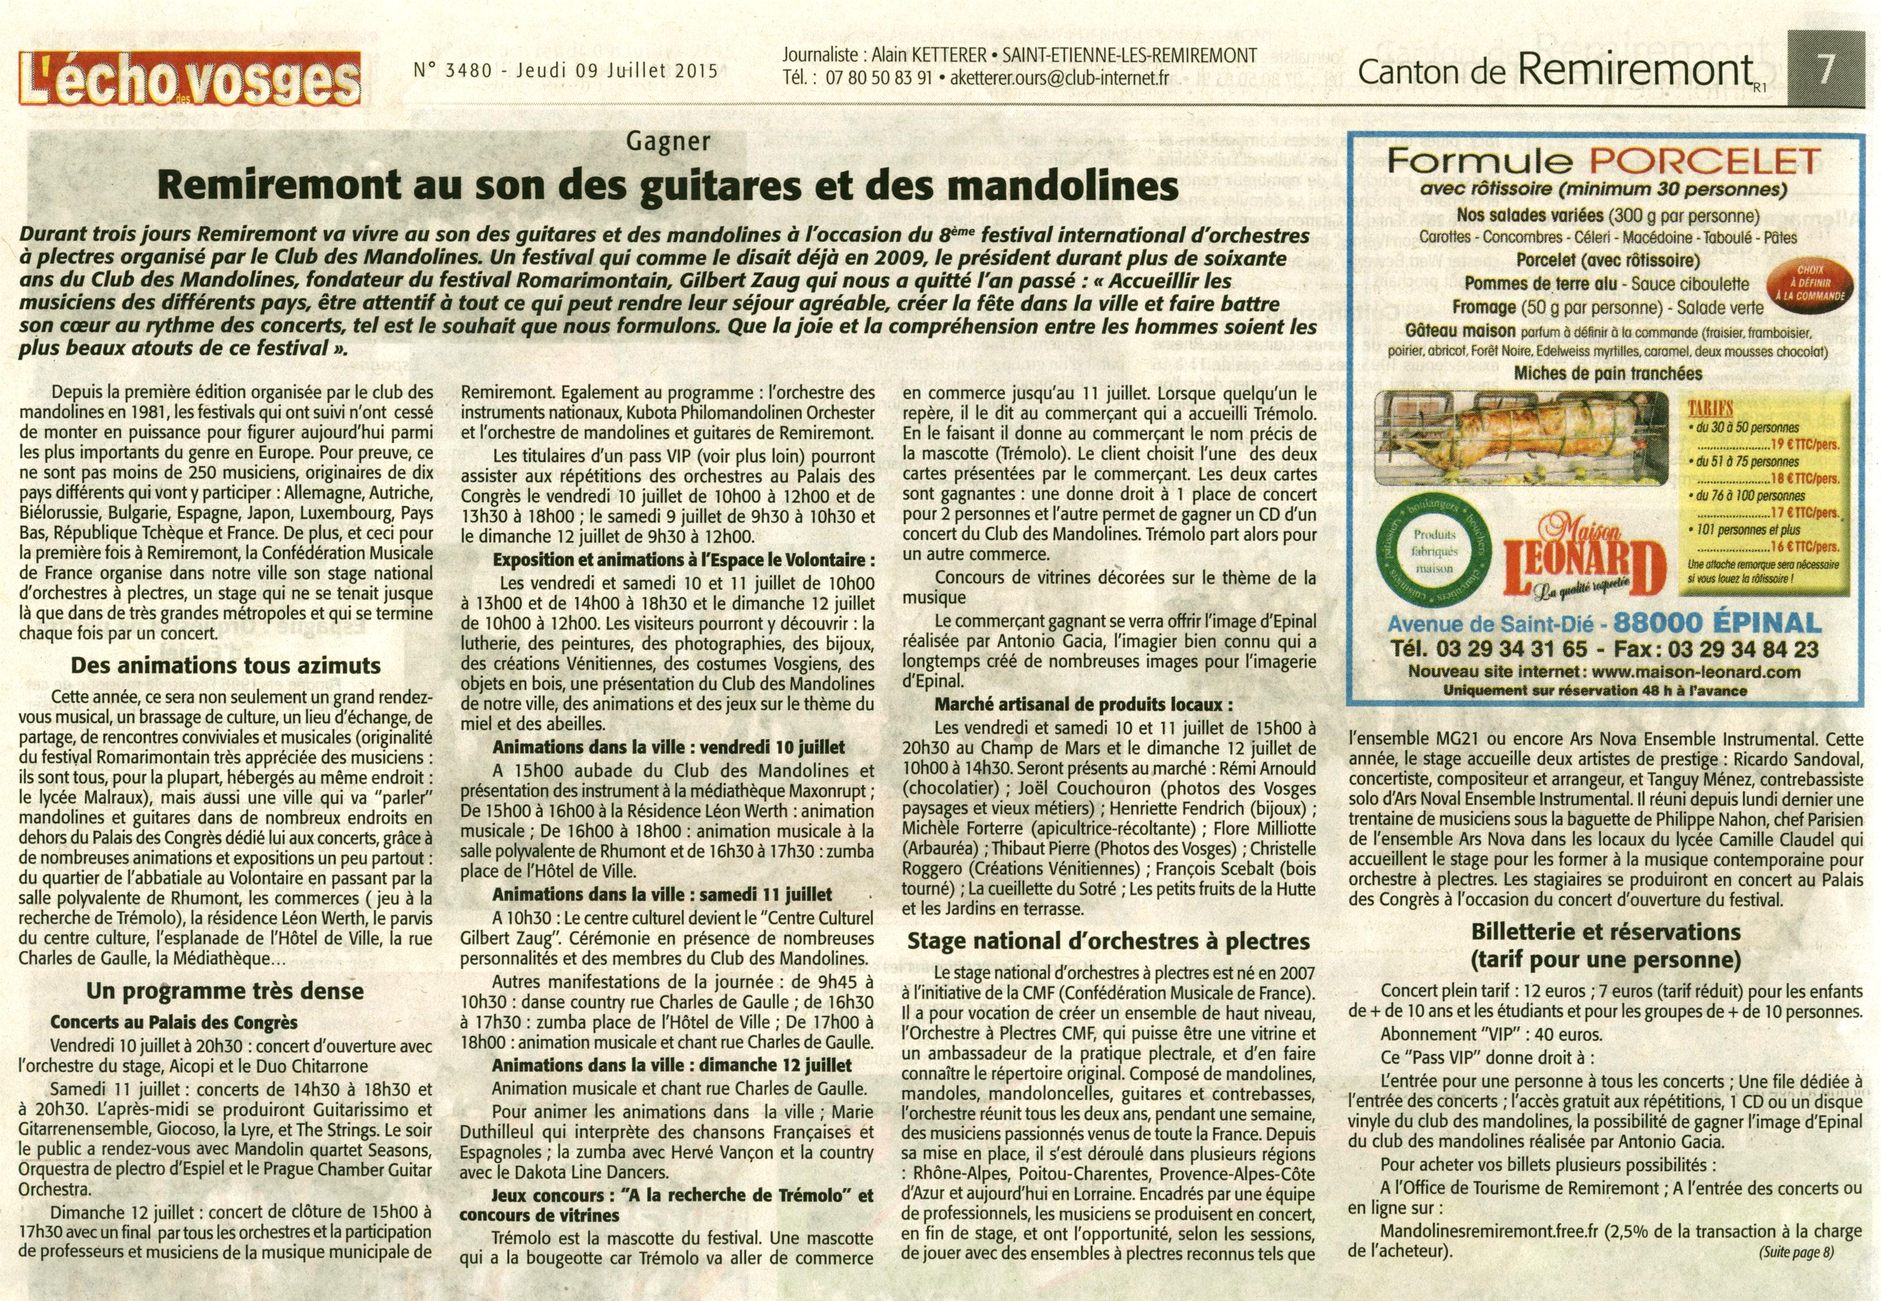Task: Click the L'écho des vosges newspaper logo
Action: (x=190, y=79)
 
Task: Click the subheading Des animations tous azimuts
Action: (x=225, y=665)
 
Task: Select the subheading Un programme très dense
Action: (x=225, y=991)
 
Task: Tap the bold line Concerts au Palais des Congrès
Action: (x=173, y=1022)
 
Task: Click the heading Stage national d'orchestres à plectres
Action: (x=1108, y=941)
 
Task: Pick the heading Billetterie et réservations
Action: (x=1606, y=932)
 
